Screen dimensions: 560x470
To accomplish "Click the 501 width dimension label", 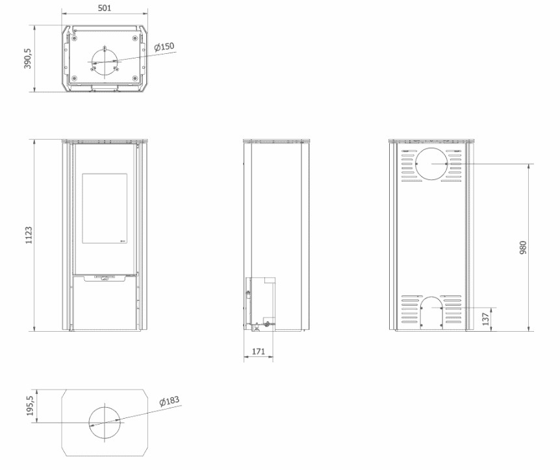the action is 105,8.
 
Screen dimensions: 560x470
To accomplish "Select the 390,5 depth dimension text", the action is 28,58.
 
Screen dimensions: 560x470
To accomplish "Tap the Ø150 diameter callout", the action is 164,47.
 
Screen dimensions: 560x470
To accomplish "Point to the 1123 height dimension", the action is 29,235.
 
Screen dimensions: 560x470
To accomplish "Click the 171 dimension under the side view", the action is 259,351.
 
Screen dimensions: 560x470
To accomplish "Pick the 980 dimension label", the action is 523,248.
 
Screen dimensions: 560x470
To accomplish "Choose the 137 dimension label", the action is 486,319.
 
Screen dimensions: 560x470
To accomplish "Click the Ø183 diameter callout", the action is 170,401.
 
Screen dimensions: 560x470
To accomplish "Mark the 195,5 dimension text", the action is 30,406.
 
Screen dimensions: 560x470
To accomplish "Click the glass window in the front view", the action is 105,208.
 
